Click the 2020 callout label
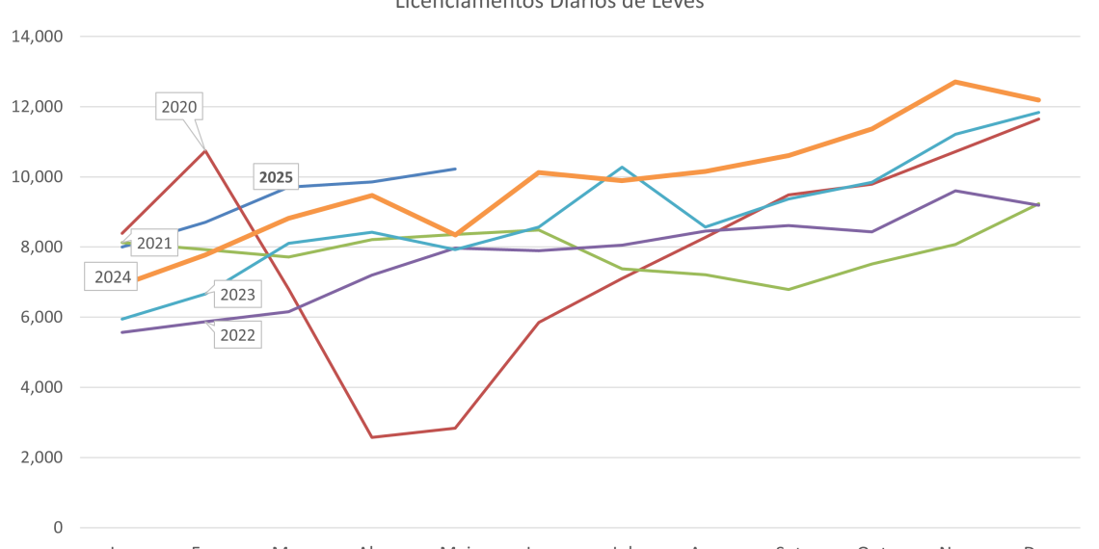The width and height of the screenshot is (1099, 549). click(x=179, y=107)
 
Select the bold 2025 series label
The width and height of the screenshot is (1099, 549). click(x=276, y=177)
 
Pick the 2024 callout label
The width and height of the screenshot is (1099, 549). click(x=113, y=277)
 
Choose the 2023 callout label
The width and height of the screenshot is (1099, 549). click(x=237, y=295)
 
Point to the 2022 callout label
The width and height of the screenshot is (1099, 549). click(x=237, y=335)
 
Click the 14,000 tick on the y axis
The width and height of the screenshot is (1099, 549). click(x=37, y=37)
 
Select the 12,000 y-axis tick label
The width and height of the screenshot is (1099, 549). click(x=37, y=107)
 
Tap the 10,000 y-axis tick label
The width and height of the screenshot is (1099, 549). click(x=37, y=177)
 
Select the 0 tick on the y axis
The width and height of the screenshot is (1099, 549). click(x=58, y=528)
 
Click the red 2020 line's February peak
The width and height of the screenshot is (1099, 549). click(x=204, y=149)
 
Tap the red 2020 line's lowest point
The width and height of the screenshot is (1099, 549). click(x=371, y=437)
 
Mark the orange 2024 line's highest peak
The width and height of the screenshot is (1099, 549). click(x=954, y=82)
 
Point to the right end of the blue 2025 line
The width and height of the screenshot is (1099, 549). click(x=455, y=169)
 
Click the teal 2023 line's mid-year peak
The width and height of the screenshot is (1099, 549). click(x=622, y=168)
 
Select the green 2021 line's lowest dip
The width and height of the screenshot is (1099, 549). click(x=789, y=289)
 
